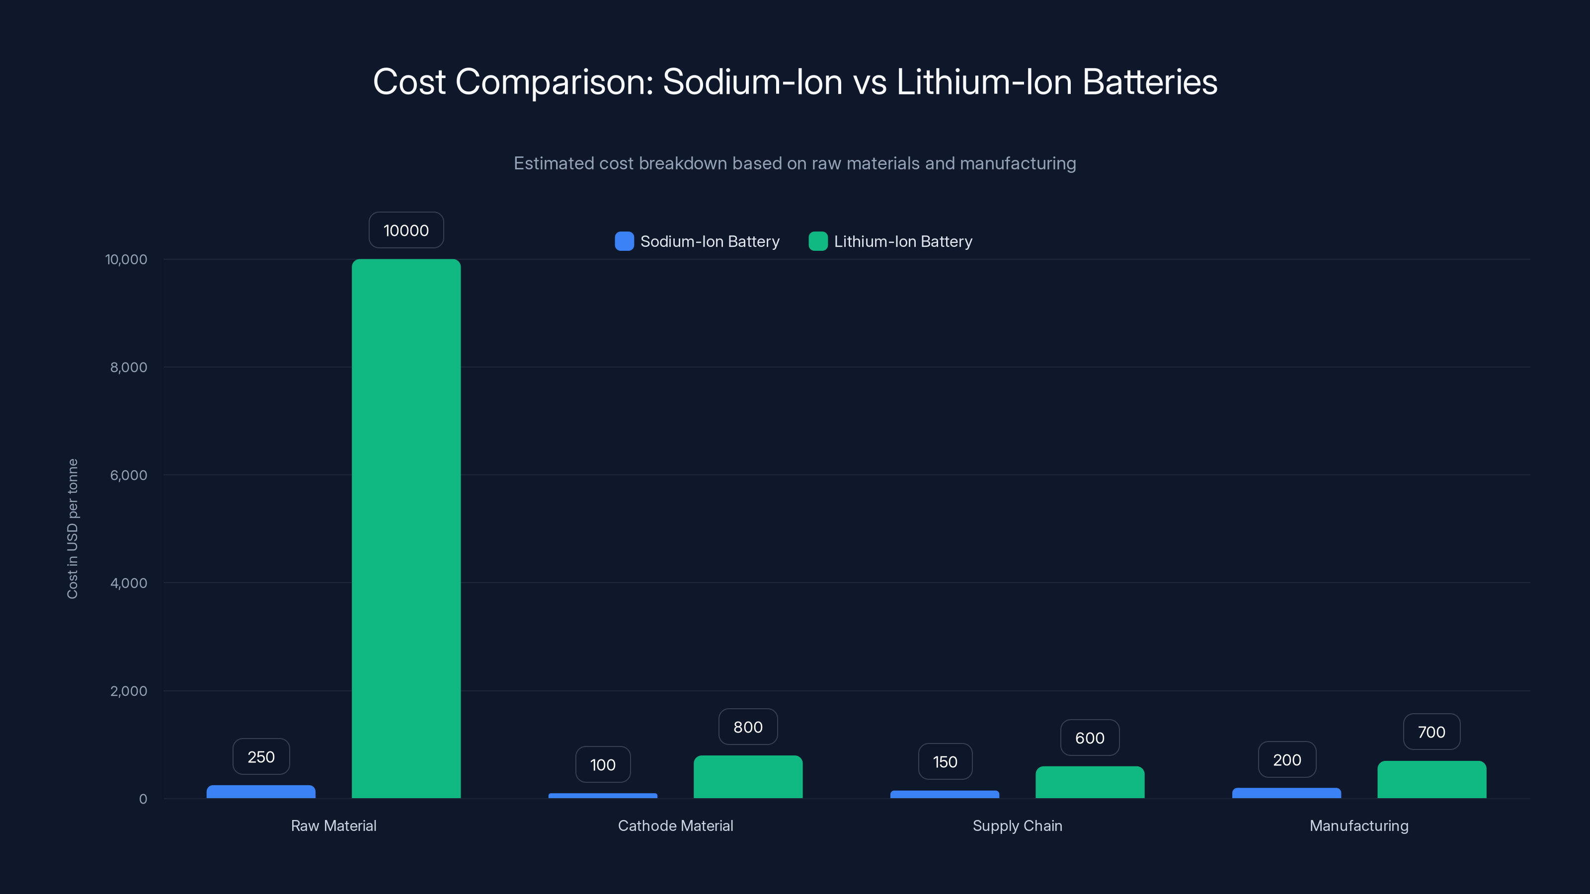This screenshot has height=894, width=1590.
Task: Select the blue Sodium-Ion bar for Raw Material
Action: coord(260,792)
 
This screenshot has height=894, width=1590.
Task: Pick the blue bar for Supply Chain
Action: coord(945,795)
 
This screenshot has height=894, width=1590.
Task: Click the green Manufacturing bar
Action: coord(1431,780)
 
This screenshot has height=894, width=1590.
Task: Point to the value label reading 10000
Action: coord(406,230)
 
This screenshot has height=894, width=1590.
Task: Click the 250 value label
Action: coord(260,756)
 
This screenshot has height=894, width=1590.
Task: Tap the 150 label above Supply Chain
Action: coord(945,761)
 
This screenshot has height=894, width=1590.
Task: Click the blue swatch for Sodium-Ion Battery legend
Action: coord(624,241)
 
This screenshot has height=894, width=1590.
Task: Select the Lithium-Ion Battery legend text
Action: coord(902,241)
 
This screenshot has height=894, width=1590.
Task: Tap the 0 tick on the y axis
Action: coord(143,799)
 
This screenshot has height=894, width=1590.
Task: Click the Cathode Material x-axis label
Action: coord(675,825)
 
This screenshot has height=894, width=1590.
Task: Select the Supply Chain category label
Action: coord(1017,825)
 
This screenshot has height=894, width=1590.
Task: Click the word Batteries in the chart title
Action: coord(1149,81)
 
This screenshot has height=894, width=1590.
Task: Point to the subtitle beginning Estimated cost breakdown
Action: coord(795,163)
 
